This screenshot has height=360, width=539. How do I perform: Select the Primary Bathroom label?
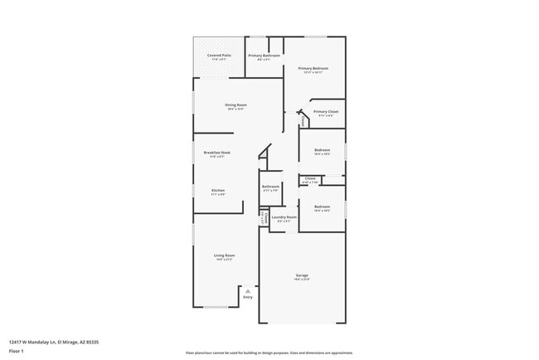(264, 55)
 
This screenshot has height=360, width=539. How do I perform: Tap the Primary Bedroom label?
(314, 68)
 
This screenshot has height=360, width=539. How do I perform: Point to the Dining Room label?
(236, 105)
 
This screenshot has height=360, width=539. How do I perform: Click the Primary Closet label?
(325, 111)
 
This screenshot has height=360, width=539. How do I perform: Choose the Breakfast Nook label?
(217, 152)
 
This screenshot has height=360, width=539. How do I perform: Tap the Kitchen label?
(217, 190)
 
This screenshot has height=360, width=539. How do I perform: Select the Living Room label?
(224, 255)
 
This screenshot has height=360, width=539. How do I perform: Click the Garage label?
(302, 275)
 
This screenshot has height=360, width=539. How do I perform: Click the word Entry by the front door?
(247, 296)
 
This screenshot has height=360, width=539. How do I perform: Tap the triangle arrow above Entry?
(247, 290)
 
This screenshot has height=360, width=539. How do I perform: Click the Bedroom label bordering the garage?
(322, 207)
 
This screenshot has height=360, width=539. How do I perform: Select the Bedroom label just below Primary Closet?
(322, 149)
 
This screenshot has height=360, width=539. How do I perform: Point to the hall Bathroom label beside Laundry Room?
(270, 187)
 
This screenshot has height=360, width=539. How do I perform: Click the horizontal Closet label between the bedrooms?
(310, 178)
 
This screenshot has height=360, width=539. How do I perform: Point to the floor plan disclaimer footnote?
(269, 353)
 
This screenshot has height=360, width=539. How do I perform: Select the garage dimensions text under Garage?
(302, 280)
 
